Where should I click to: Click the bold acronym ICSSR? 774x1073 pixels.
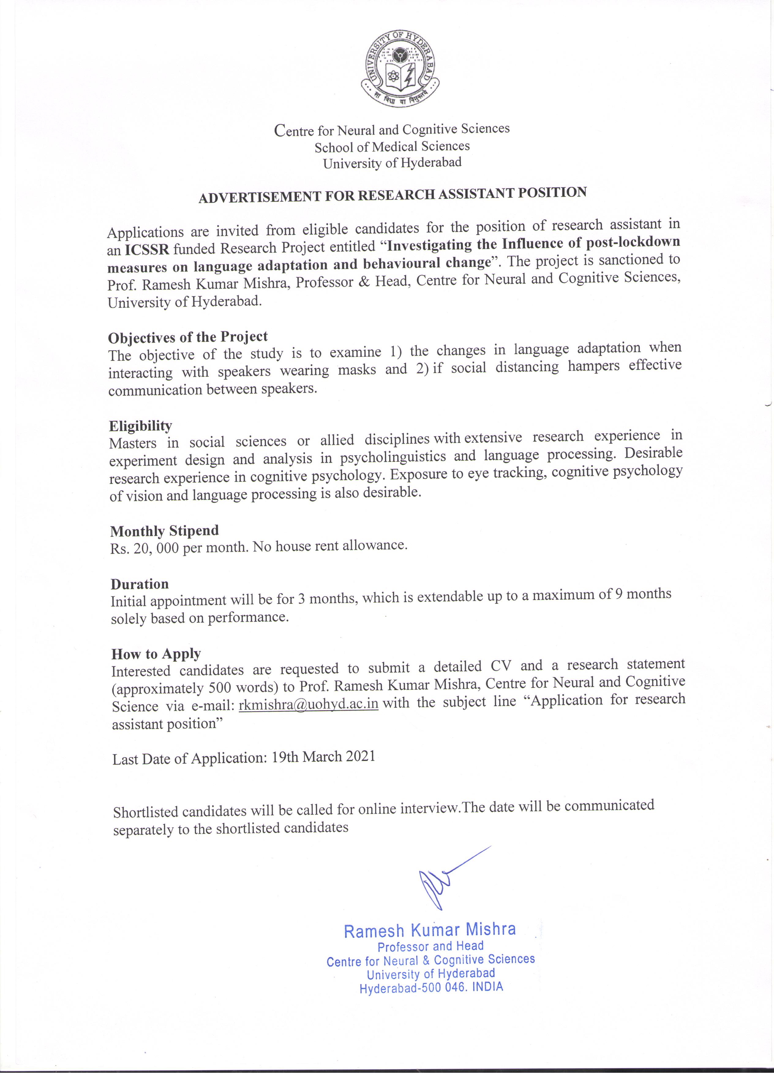pos(147,249)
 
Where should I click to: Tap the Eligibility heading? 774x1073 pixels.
pos(141,426)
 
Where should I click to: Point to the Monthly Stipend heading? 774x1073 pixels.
pos(165,531)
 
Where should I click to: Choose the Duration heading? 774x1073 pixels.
pos(140,584)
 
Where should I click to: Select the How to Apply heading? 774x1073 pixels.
pos(156,654)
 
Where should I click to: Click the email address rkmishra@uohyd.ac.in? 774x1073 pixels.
pos(309,704)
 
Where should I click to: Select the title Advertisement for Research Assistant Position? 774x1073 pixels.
pos(393,195)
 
